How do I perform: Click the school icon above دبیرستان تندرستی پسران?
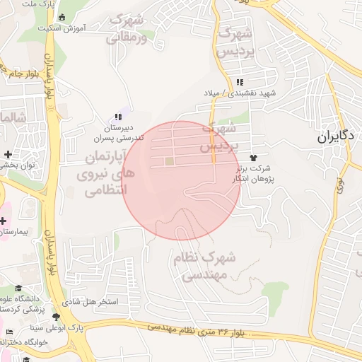117,117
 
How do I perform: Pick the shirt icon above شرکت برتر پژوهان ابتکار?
253,157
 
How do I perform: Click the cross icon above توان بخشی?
8,154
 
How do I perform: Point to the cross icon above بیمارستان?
4,221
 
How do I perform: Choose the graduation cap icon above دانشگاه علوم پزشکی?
18,288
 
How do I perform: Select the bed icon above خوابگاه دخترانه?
8,332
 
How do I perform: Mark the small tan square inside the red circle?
169,161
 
